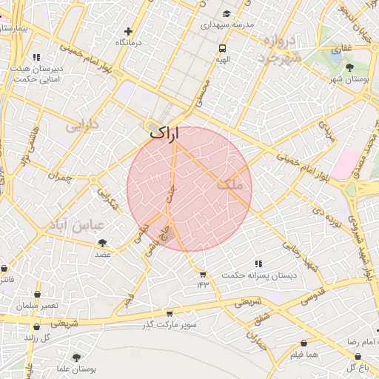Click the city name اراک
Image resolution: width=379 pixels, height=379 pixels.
(x=164, y=133)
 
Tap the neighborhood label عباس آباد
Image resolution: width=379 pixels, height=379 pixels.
(x=75, y=224)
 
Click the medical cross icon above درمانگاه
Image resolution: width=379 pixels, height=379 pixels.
(x=129, y=31)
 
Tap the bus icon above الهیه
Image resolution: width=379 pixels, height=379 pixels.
(x=222, y=48)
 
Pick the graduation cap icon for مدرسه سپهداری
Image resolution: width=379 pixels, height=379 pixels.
(x=227, y=14)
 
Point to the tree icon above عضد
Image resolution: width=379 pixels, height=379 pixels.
(x=102, y=243)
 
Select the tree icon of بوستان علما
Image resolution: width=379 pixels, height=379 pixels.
(x=76, y=358)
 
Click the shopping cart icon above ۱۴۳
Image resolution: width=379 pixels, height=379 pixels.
(x=203, y=274)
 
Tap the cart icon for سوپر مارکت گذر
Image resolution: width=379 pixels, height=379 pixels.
(x=170, y=314)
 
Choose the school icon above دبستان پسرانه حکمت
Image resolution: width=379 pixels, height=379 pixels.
(x=258, y=264)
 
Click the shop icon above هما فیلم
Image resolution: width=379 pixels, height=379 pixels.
(x=304, y=343)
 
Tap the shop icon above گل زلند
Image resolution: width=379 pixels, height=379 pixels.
(x=36, y=326)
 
